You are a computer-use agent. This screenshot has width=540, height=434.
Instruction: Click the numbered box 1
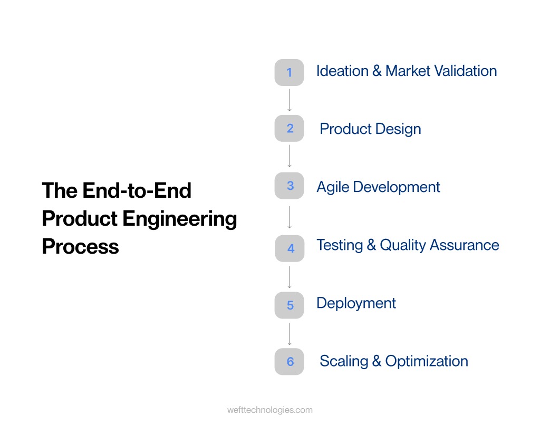point(289,72)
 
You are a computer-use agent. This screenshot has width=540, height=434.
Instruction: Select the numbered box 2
point(289,128)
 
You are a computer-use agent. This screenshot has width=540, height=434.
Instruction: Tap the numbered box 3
point(289,186)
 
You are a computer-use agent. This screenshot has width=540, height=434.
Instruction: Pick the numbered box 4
point(290,248)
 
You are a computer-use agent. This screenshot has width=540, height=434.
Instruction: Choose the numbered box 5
point(289,305)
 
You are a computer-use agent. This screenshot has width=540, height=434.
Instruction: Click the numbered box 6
point(289,362)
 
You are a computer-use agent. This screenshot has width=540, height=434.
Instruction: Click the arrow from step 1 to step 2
point(289,100)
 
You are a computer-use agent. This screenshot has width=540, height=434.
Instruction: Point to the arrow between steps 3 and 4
point(289,217)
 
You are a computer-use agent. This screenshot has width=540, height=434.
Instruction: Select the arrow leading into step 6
point(289,333)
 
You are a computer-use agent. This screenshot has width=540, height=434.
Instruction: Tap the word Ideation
point(342,71)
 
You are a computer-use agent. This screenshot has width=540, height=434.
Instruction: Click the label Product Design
point(370,129)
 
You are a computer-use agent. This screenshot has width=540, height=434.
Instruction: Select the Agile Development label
point(378,187)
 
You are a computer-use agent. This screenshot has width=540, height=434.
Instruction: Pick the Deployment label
point(356,303)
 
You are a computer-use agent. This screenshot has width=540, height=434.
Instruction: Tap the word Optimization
point(427,361)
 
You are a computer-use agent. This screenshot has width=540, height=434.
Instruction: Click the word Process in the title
point(80,247)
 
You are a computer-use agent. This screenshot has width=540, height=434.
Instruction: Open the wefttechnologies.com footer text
point(269,410)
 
